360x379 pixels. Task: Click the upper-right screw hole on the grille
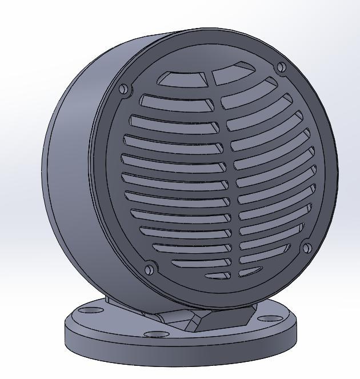(x=281, y=68)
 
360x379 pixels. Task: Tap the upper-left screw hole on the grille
(x=123, y=90)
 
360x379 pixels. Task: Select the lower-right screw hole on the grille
(x=306, y=248)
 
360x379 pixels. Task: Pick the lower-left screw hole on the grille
(x=150, y=269)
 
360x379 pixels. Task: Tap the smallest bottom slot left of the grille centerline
(x=217, y=276)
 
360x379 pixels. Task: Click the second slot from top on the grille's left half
(x=174, y=102)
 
